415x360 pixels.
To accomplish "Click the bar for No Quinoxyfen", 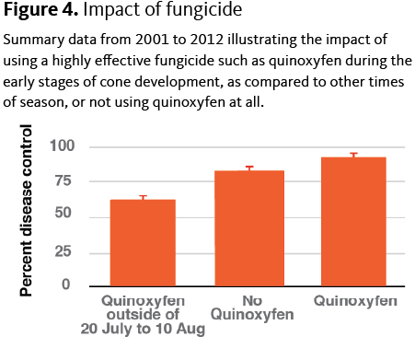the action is [249, 228].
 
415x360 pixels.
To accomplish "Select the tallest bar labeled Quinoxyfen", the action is [353, 222].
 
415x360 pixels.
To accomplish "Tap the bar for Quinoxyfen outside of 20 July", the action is [143, 243].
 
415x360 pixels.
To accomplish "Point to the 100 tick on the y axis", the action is [63, 145].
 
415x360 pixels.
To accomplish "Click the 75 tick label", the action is [63, 180].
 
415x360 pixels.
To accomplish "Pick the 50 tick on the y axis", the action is [63, 213].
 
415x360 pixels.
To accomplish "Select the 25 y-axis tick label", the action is [63, 251].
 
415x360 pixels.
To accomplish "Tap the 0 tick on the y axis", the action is [66, 285].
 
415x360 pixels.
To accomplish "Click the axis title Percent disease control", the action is [26, 211].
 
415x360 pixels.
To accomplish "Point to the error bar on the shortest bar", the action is [143, 198].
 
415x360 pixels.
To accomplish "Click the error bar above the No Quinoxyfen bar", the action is [249, 168].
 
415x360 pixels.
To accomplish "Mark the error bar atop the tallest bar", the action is [354, 155].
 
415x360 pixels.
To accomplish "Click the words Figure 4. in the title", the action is [40, 9].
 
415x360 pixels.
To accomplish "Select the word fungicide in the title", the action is [204, 9].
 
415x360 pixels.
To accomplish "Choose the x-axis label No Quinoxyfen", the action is [252, 308].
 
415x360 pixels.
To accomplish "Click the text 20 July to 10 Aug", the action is [143, 329].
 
